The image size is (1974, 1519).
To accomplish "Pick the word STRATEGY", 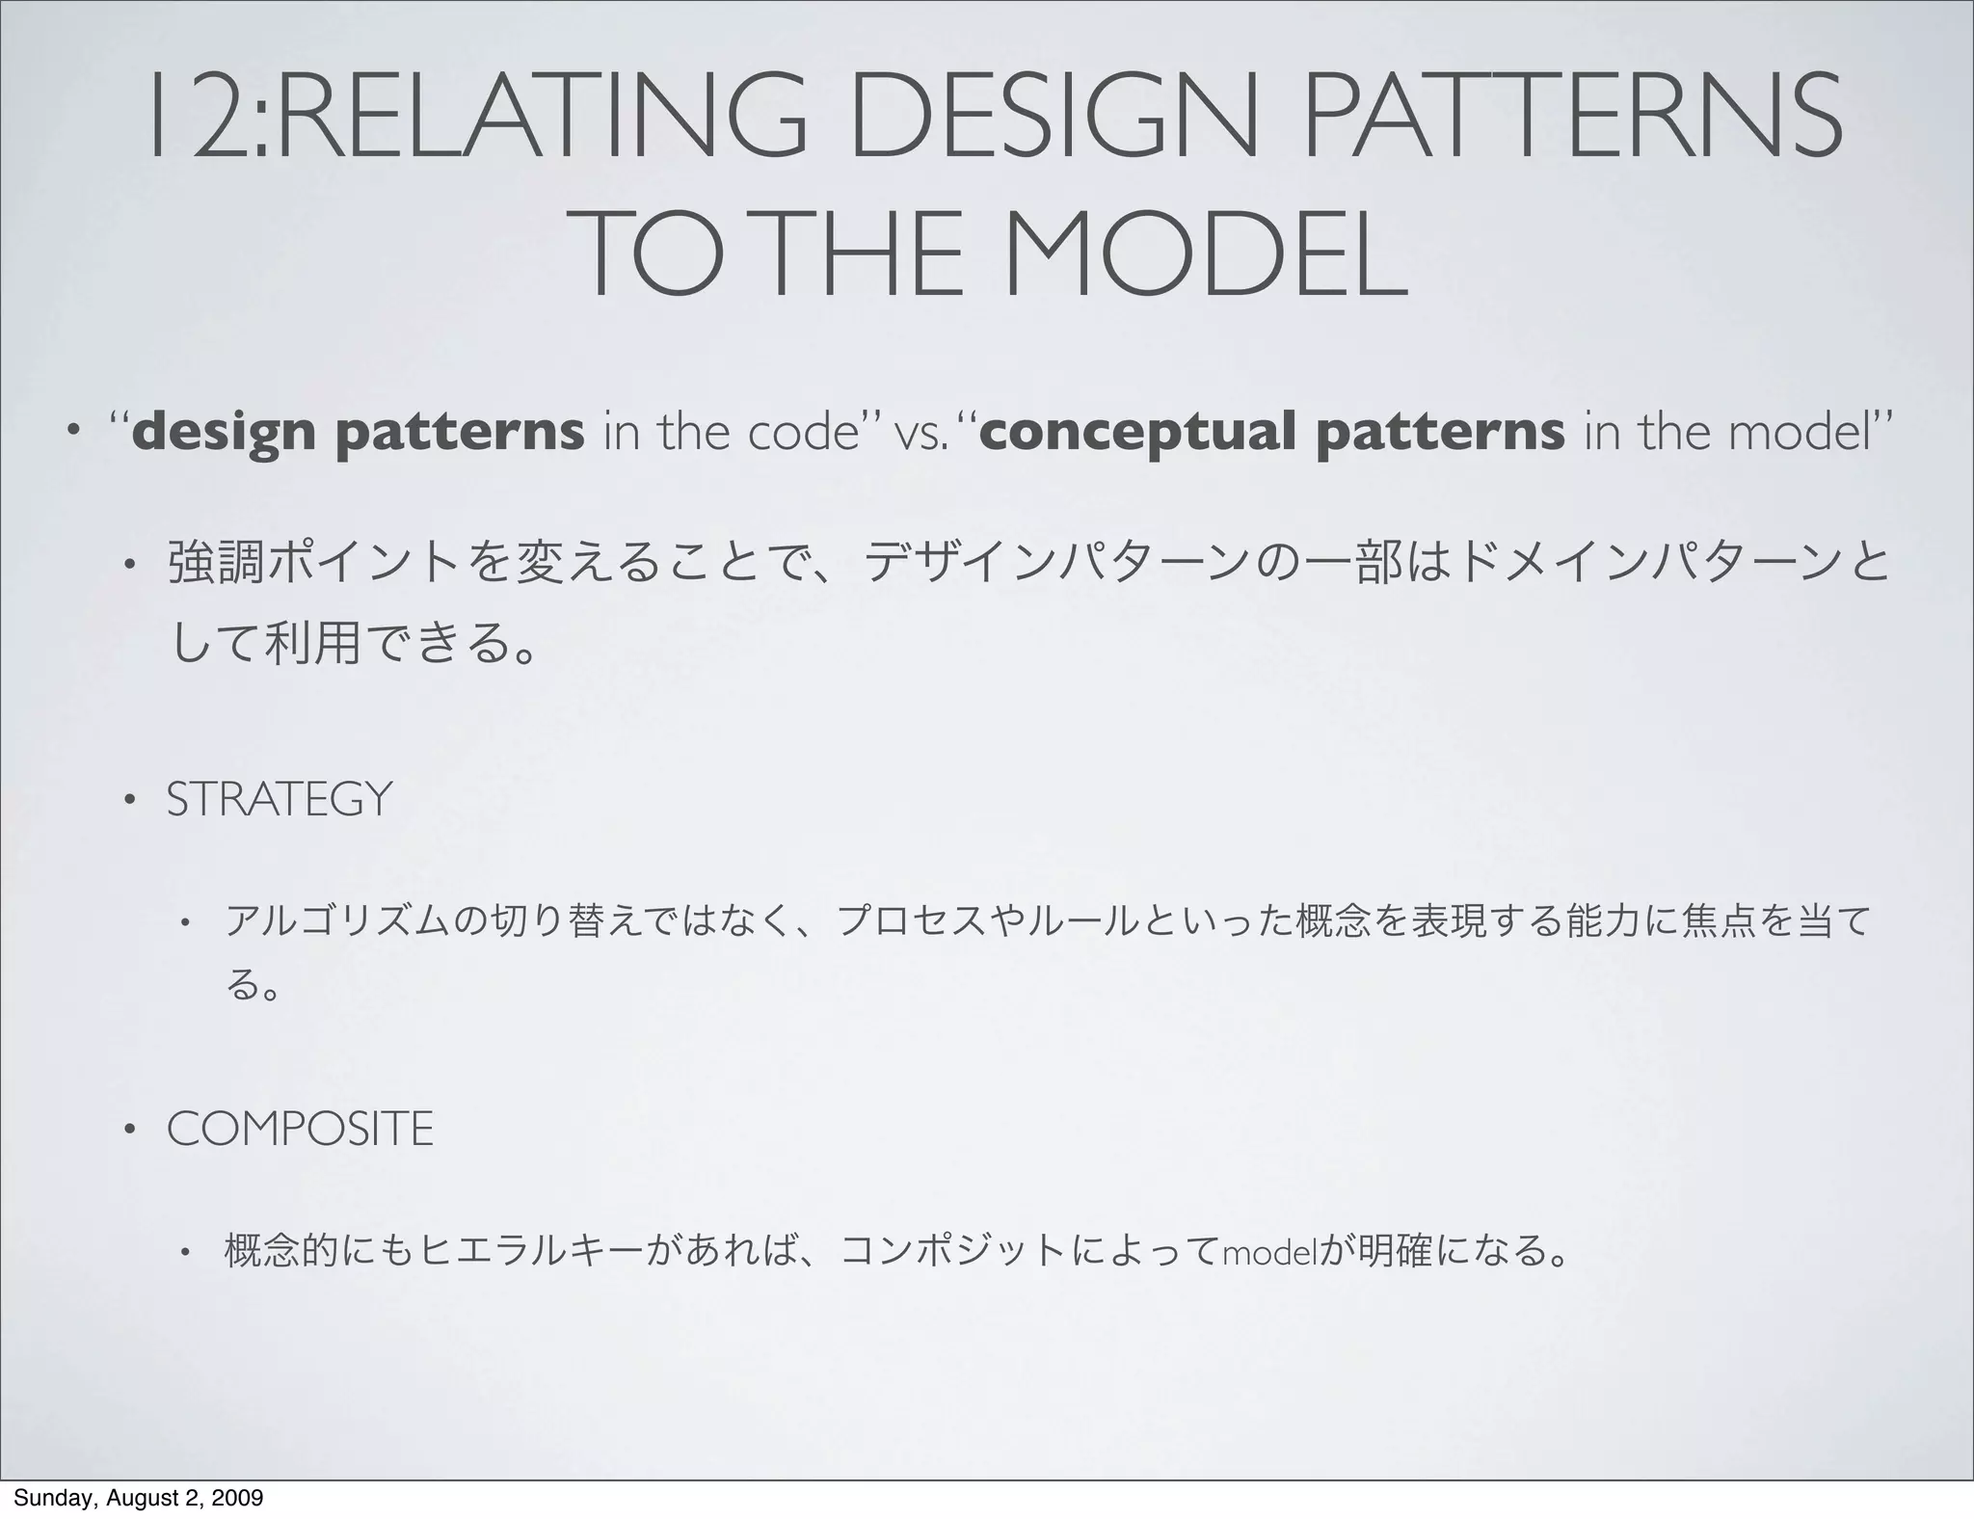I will (280, 800).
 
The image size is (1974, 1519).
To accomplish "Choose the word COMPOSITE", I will (300, 1129).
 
